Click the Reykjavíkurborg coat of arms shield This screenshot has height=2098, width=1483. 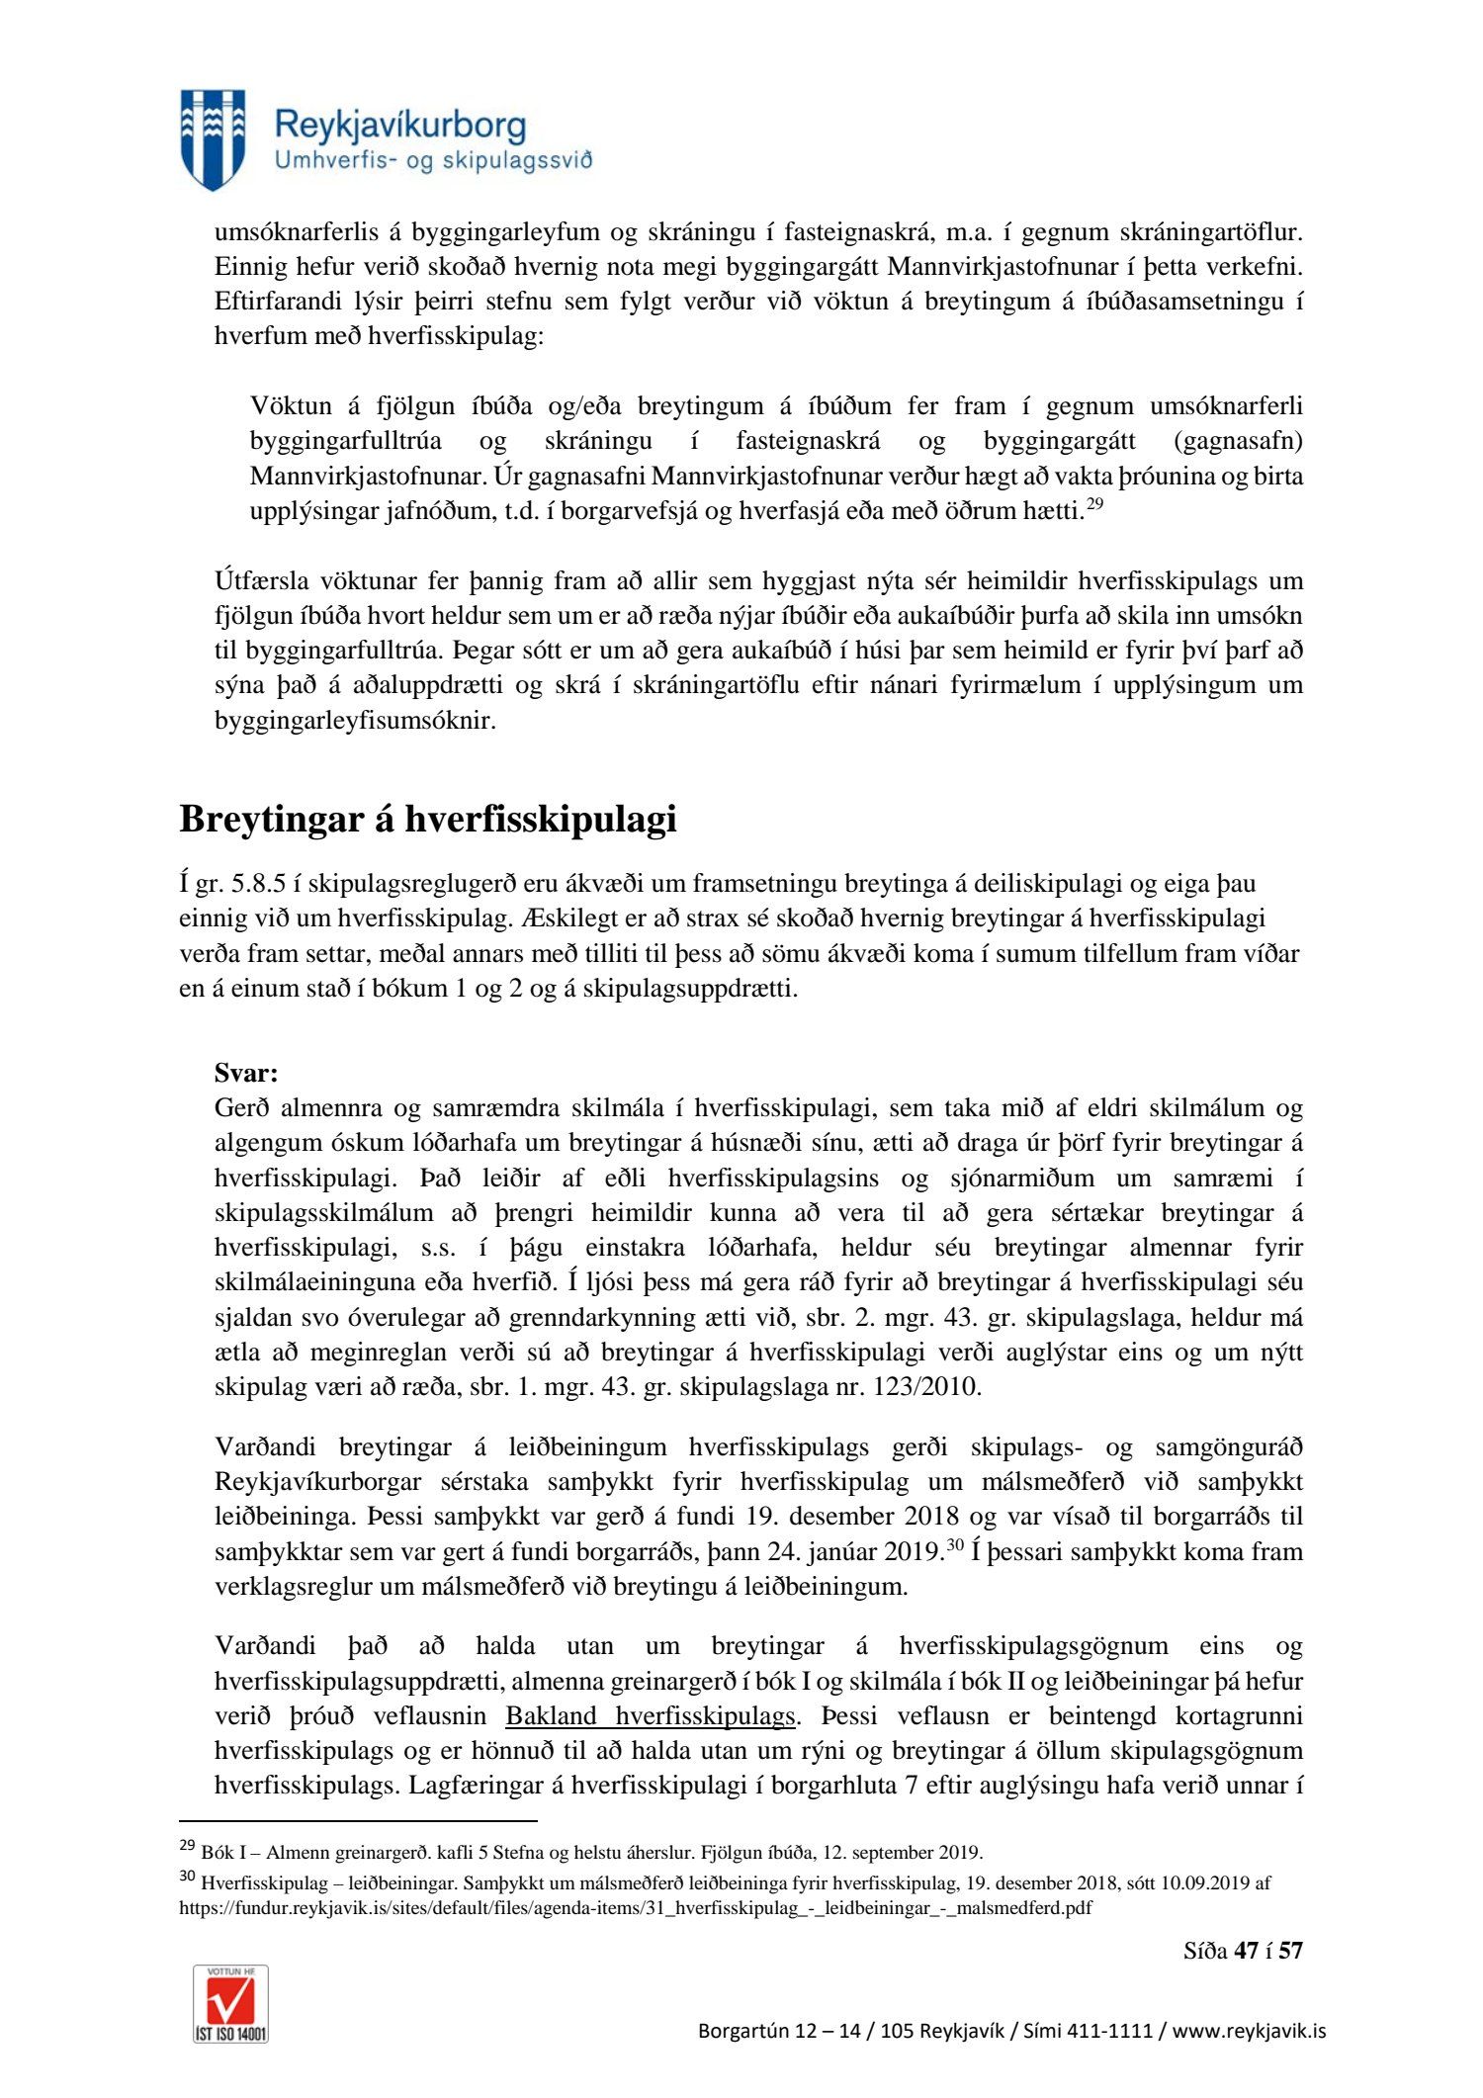213,138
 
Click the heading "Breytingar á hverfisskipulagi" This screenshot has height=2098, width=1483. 427,819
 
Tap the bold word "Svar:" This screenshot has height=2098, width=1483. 246,1073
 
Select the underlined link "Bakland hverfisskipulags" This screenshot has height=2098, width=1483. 651,1715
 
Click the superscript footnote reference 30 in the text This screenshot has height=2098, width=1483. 954,1546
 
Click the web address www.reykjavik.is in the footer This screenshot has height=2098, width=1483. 1249,2031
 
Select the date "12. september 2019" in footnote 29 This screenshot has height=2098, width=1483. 903,1853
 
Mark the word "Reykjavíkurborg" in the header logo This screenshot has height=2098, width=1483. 399,127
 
